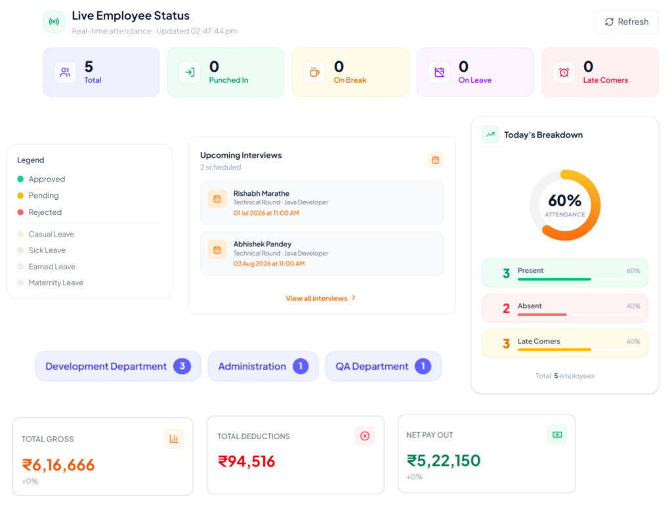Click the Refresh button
[626, 22]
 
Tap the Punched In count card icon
[190, 72]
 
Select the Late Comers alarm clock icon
[564, 72]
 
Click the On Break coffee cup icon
[314, 72]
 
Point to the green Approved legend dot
[20, 179]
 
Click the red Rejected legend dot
[20, 212]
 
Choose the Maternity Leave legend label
[56, 283]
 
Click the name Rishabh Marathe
[261, 194]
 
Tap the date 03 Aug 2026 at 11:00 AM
[269, 264]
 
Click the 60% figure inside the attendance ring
[565, 200]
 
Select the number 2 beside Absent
[506, 308]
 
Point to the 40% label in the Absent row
[633, 306]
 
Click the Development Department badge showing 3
[182, 366]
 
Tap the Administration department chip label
[252, 367]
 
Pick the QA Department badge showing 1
[423, 366]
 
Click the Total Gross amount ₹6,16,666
[58, 465]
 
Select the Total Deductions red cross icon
[365, 436]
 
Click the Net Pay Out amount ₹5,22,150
[444, 461]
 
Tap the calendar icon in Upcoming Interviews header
[436, 160]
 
